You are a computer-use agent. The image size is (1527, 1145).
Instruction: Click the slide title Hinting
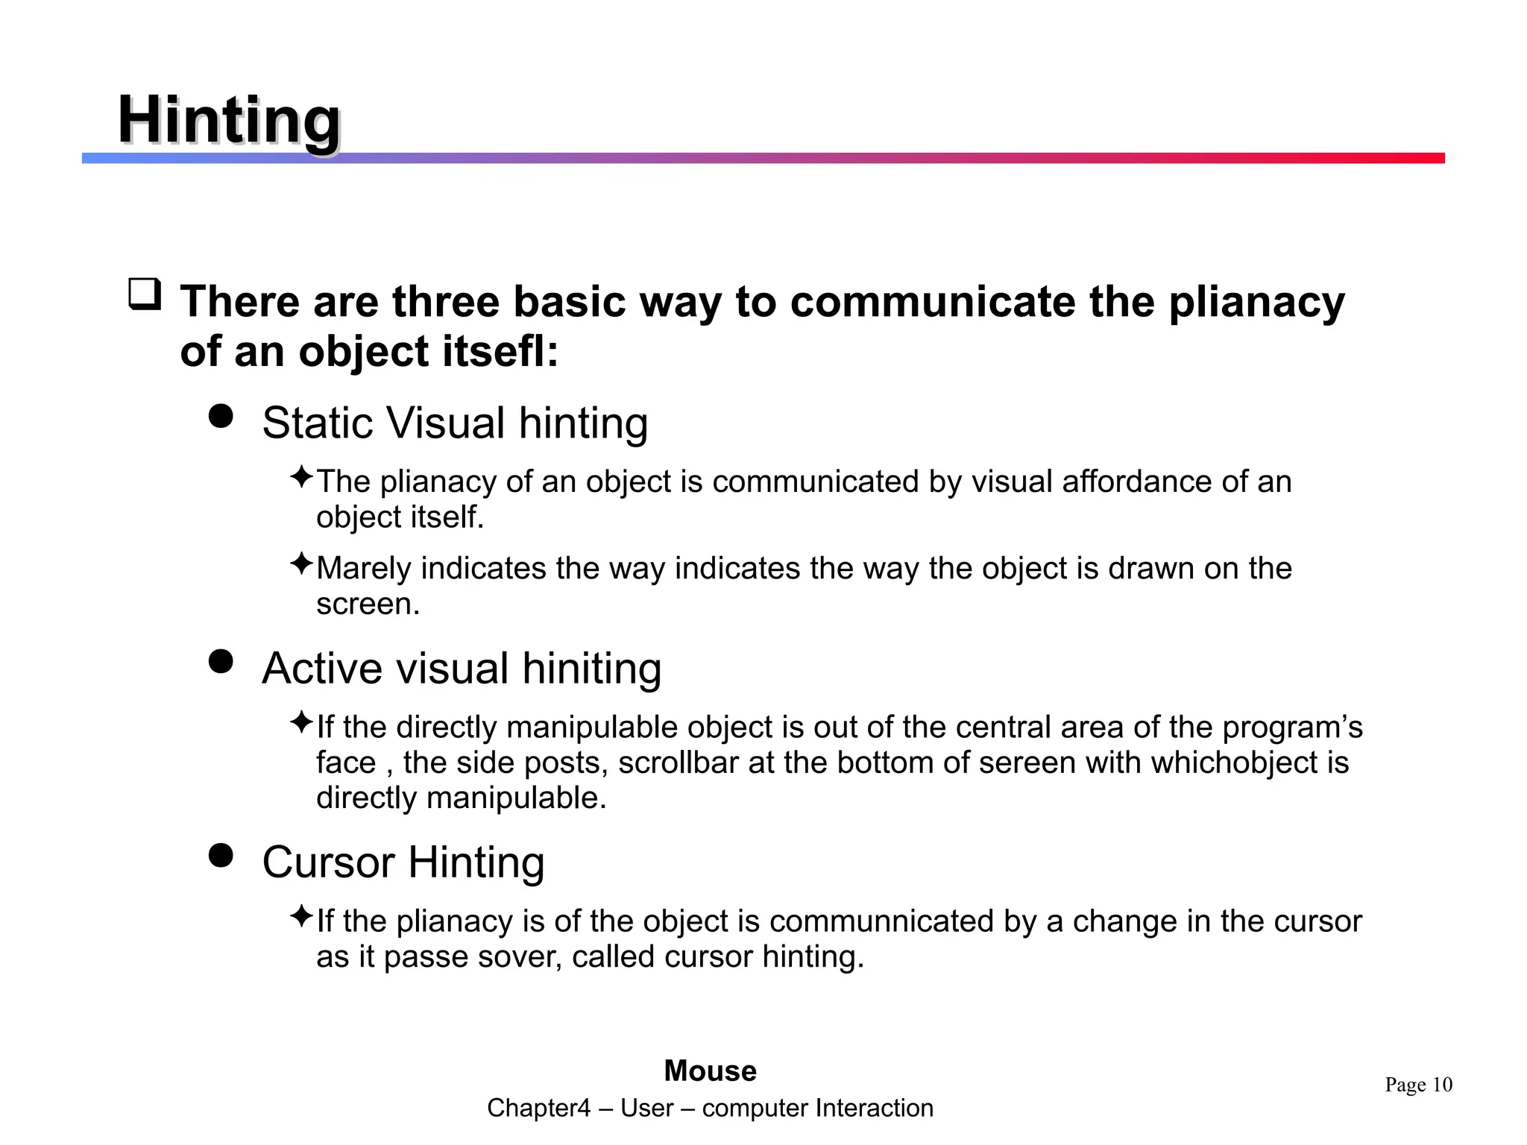point(229,121)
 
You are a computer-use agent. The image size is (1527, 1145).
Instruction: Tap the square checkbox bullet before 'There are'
point(145,294)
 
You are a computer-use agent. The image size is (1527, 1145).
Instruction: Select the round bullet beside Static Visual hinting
point(221,416)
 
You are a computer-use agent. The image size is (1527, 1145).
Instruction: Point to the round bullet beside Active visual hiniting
point(221,661)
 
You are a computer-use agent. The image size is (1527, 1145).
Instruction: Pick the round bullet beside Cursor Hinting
point(221,855)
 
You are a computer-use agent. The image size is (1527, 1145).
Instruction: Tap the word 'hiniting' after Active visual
point(591,668)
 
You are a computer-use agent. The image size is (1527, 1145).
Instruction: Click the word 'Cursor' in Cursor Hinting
point(328,862)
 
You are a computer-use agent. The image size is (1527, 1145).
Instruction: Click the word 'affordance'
point(1136,482)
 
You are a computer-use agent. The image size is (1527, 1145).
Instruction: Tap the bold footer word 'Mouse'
point(710,1071)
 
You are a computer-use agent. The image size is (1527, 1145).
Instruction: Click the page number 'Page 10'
point(1418,1085)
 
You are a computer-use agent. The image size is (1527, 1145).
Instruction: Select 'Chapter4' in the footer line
point(538,1108)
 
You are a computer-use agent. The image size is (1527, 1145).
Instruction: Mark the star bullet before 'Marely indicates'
point(301,564)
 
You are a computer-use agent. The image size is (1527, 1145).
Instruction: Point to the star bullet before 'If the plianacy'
point(301,916)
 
